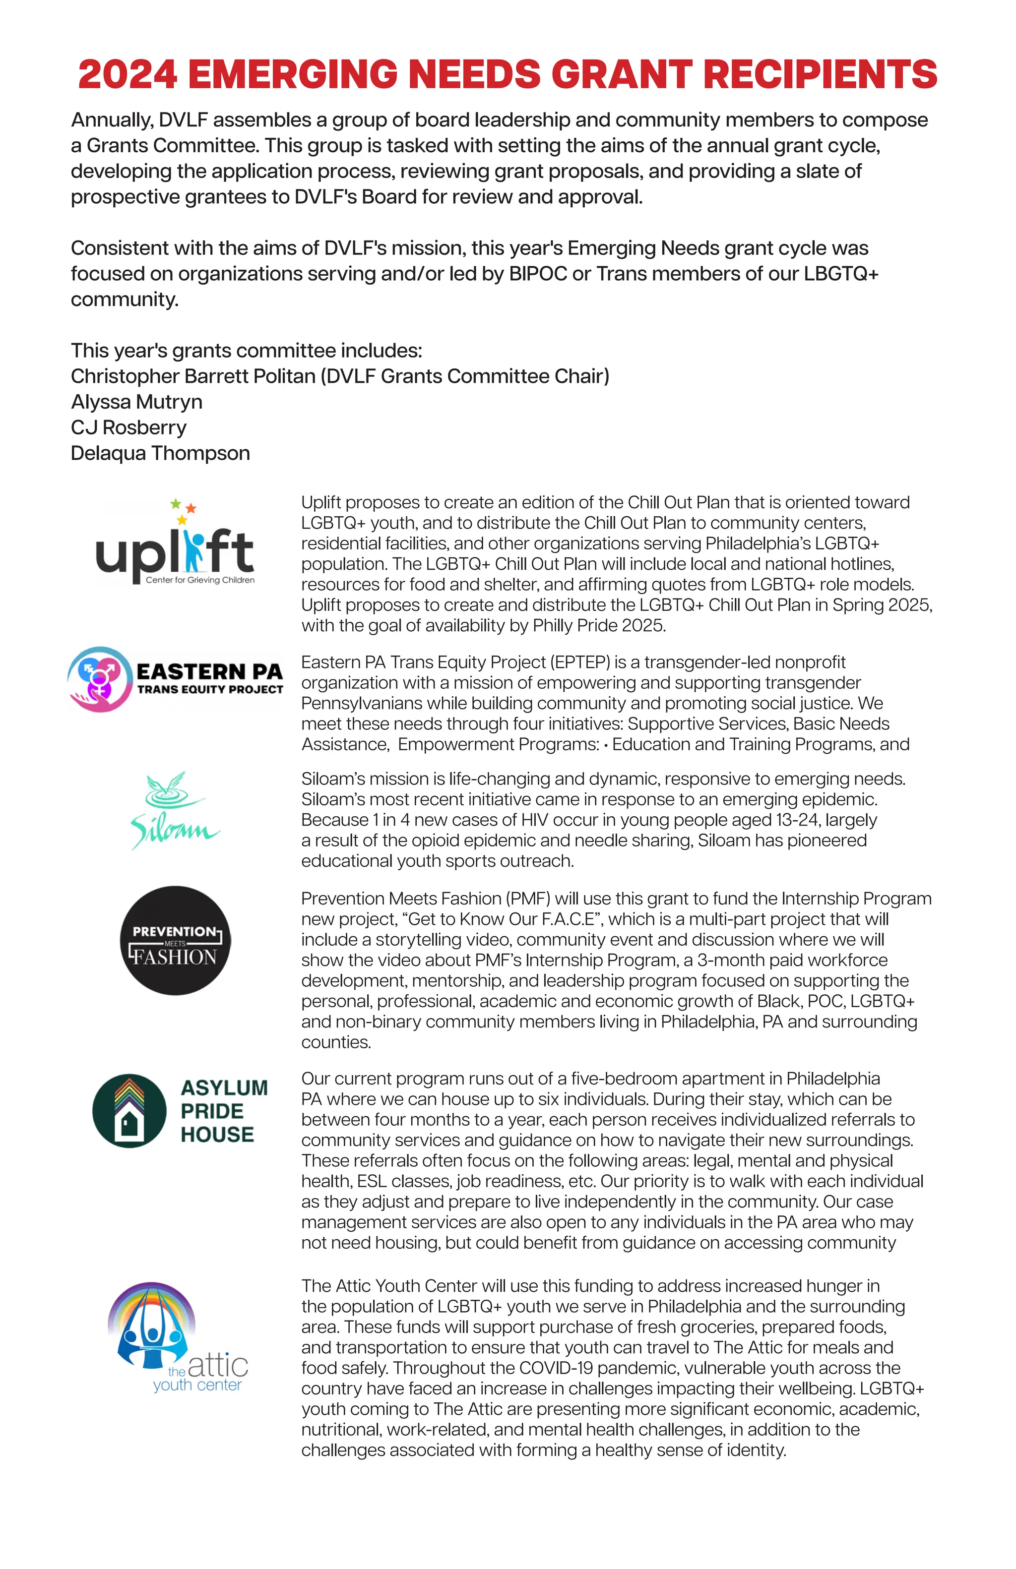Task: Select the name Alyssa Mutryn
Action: pos(136,402)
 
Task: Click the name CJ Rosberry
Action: pos(128,427)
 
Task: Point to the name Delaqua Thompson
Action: pos(160,453)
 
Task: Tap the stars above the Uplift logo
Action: pos(183,510)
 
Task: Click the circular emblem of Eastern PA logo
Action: pos(99,679)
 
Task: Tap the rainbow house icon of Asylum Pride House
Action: pos(129,1111)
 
